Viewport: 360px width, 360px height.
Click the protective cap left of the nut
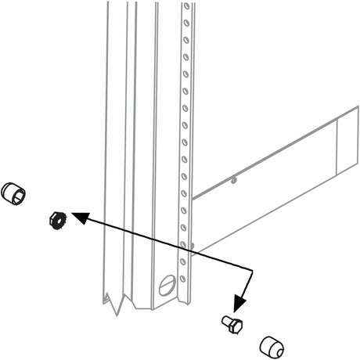(15, 193)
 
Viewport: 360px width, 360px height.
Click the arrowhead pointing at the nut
(76, 214)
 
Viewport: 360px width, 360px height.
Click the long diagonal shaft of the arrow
(164, 241)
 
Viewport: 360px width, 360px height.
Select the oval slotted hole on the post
(166, 284)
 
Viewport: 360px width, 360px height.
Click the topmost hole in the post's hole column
(186, 7)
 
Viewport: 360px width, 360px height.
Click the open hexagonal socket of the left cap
(10, 190)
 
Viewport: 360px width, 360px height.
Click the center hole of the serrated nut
(55, 218)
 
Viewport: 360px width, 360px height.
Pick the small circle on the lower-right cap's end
(277, 349)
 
